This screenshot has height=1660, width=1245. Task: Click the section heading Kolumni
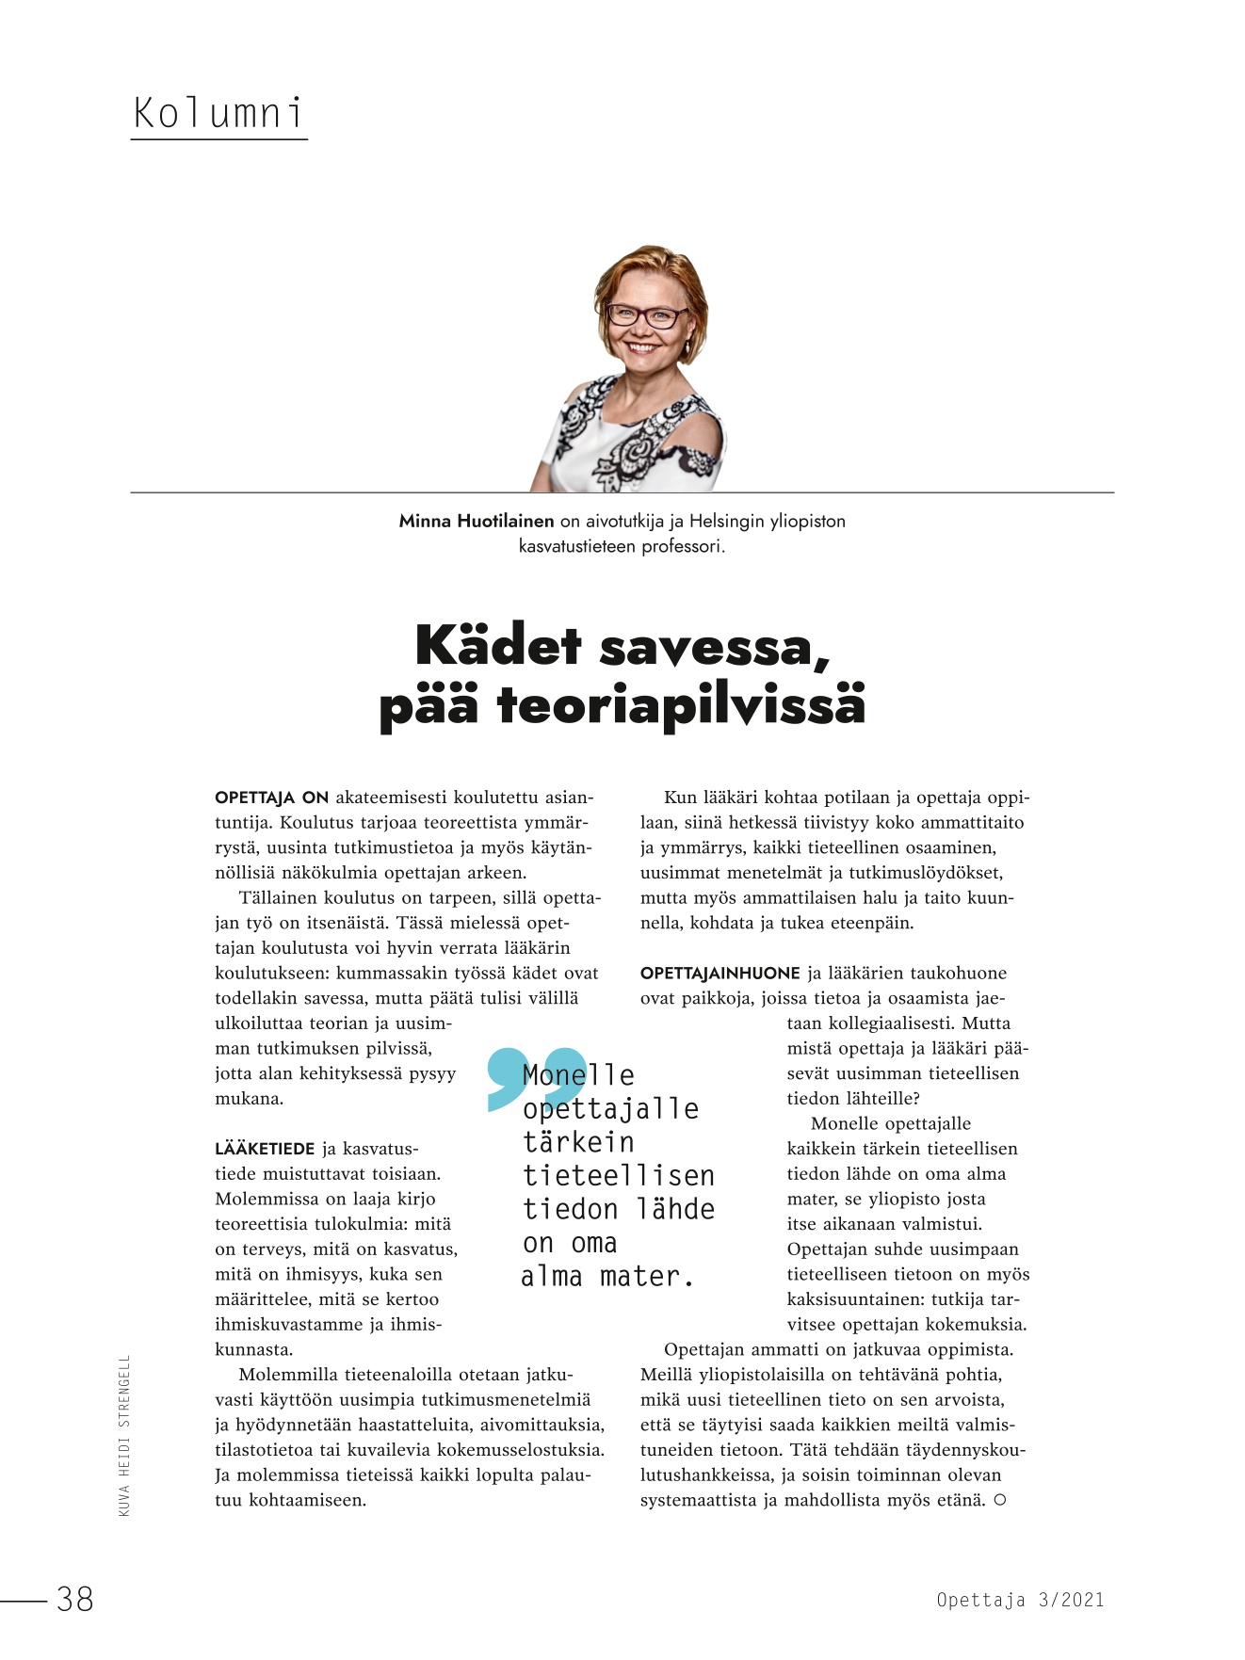pos(218,113)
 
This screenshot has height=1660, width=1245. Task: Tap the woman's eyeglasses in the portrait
pos(646,315)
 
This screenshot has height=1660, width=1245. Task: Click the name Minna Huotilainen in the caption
pos(477,521)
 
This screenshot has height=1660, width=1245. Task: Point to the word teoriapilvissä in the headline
pos(681,705)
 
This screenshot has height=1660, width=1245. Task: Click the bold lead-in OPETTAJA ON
pos(271,798)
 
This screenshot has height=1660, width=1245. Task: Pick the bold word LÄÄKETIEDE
pos(265,1149)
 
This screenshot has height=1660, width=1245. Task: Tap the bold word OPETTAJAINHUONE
pos(720,973)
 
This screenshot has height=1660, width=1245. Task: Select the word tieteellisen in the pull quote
pos(619,1175)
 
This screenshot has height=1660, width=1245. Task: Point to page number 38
pos(74,1599)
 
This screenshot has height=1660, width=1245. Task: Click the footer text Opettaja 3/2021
pos(1020,1599)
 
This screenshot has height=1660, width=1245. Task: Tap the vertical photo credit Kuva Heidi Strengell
pos(124,1435)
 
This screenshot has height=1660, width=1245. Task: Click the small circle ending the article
pos(1000,1500)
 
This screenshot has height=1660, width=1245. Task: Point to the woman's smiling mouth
pos(643,347)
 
